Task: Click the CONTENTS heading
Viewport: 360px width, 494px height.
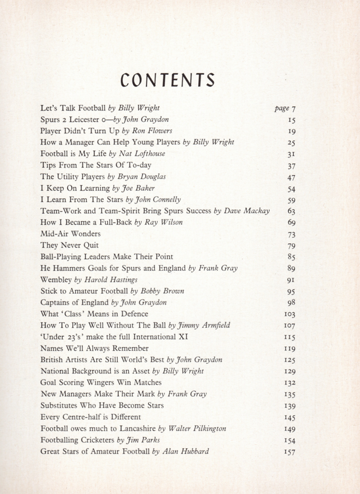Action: click(167, 80)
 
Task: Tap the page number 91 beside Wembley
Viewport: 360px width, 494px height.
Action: click(291, 280)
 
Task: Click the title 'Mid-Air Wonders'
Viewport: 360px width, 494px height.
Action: click(70, 234)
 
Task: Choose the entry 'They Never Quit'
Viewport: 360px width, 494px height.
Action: click(69, 245)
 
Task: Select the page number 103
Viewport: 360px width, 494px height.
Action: click(290, 314)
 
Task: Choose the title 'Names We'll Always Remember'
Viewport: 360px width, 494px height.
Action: click(95, 348)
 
